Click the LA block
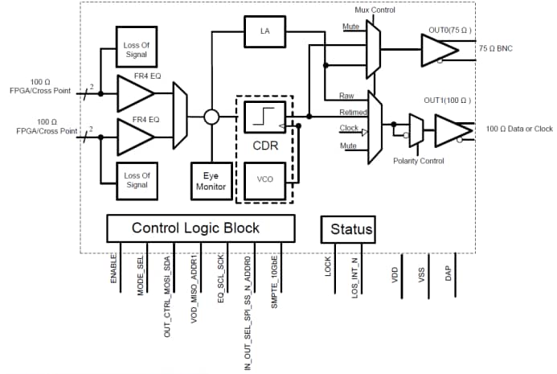[264, 31]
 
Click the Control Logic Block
[195, 228]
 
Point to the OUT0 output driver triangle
[436, 48]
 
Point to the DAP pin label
[448, 274]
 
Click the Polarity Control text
[421, 161]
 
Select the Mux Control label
[375, 10]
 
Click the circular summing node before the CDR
[211, 117]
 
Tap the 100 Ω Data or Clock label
[519, 129]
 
